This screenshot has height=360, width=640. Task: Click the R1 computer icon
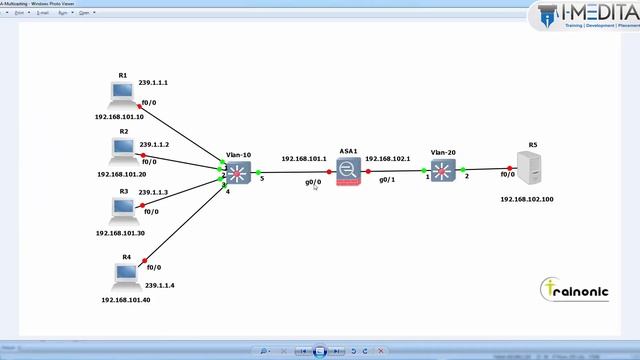(122, 93)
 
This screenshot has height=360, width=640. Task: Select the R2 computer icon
(123, 149)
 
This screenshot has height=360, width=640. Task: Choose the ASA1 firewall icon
(348, 172)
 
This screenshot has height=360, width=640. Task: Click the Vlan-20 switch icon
(443, 173)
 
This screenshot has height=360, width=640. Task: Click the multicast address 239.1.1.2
(155, 146)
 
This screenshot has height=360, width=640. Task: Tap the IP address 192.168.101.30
(120, 232)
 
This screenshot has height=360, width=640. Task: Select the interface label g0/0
(313, 182)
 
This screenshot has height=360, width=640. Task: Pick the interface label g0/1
(388, 181)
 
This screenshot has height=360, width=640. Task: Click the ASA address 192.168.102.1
(388, 158)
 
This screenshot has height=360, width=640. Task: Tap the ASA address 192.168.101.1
(303, 158)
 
